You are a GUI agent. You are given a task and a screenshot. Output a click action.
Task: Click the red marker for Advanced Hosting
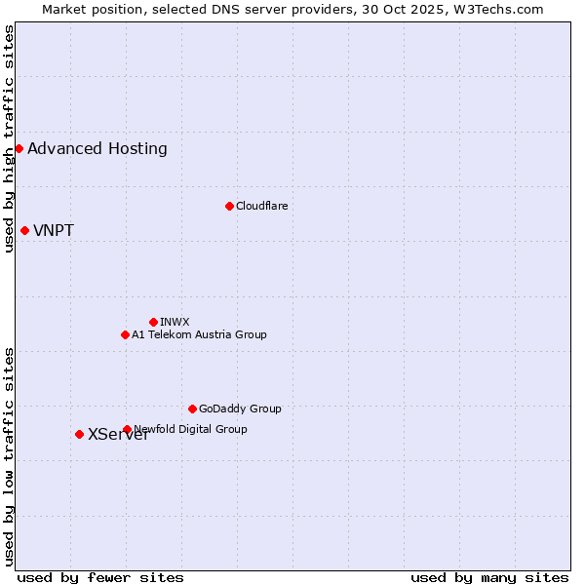tap(19, 148)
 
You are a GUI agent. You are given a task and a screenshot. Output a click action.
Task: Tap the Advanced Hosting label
tap(97, 149)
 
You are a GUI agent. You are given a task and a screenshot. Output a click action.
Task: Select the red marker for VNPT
tap(24, 230)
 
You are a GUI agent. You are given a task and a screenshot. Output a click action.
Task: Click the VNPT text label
tap(54, 231)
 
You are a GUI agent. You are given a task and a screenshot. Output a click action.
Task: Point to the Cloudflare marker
tap(229, 206)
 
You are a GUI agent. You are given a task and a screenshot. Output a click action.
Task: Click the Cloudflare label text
tap(261, 206)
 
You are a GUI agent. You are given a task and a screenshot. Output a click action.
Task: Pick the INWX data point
tap(153, 322)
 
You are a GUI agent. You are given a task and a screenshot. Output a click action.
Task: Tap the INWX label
tap(175, 322)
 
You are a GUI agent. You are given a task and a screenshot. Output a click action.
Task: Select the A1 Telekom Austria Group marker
tap(125, 334)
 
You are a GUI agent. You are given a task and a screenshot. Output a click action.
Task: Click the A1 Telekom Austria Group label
tap(199, 334)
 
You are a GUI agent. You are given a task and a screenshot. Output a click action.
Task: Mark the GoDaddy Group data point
tap(192, 409)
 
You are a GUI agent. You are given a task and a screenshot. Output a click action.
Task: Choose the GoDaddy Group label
tap(240, 409)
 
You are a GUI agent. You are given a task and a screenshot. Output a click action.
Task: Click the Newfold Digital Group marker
tap(127, 429)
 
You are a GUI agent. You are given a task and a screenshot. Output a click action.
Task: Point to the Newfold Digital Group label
tap(191, 429)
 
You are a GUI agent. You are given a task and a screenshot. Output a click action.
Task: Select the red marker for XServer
tap(79, 434)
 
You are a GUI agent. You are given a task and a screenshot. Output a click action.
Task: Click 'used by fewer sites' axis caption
tap(100, 577)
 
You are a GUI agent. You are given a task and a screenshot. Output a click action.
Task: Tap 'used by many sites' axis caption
tap(489, 577)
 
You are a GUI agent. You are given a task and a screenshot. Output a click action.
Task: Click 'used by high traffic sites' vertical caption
tap(9, 138)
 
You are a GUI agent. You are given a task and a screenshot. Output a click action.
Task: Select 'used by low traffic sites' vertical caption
tap(9, 455)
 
